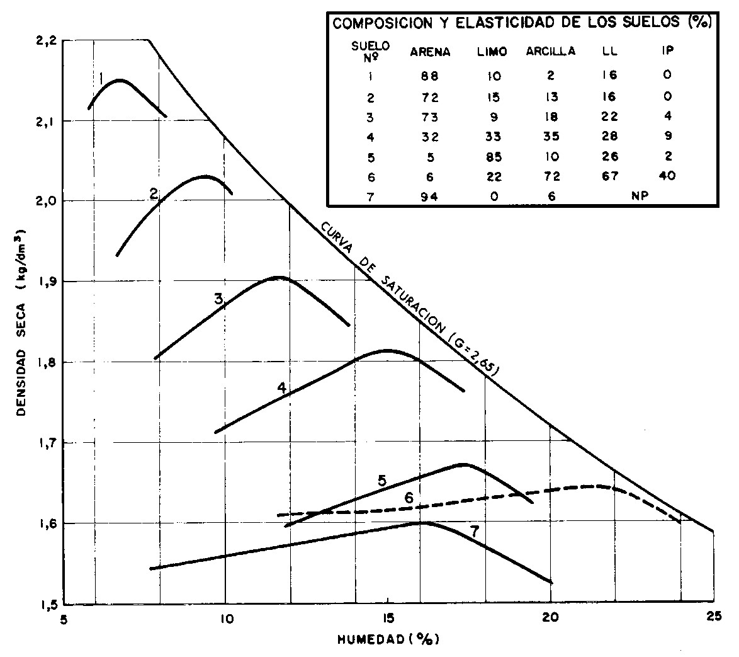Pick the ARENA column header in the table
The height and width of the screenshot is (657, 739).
coord(430,52)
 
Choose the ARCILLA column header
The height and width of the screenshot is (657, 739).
coord(551,52)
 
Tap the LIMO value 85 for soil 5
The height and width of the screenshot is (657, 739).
coord(494,157)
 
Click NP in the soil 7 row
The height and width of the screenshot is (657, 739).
coord(640,196)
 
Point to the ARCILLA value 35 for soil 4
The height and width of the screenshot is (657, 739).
coord(551,137)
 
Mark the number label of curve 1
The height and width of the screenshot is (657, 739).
coord(101,77)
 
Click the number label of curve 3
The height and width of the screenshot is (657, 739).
coord(218,300)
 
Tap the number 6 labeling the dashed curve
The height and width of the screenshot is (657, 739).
coord(409,498)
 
